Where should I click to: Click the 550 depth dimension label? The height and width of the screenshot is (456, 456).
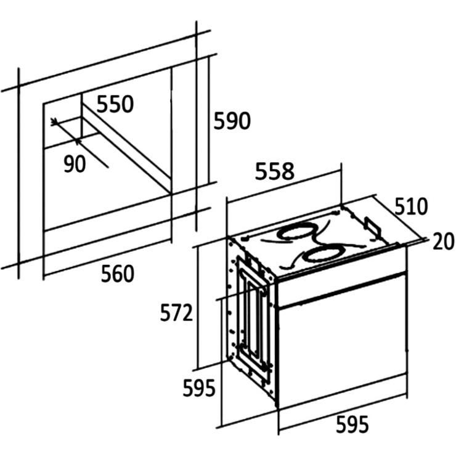click(115, 104)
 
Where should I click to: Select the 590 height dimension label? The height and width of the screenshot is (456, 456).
click(232, 121)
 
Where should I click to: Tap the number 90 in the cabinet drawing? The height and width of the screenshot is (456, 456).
click(75, 164)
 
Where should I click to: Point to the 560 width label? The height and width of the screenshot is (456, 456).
click(118, 274)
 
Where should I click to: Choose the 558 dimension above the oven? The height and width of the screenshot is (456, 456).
click(275, 171)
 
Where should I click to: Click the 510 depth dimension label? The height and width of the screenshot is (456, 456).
click(411, 206)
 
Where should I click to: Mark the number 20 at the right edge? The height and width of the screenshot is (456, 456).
click(443, 241)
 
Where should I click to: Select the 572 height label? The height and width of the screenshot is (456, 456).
click(176, 312)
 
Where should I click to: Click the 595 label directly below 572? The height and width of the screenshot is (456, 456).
click(199, 388)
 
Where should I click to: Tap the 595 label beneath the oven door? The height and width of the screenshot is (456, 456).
click(352, 425)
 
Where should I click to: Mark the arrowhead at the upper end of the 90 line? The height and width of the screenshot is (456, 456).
click(53, 121)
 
